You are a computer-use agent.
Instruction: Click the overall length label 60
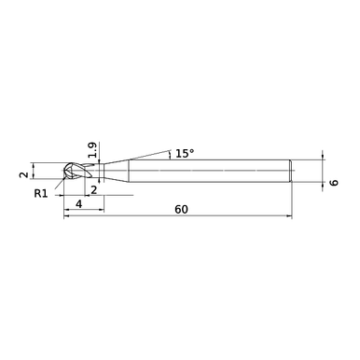click(181, 210)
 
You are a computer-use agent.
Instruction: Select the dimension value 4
click(79, 204)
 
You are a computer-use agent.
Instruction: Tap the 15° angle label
click(185, 153)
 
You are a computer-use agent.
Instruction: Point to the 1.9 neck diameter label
click(92, 150)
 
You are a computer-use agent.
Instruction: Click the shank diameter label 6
click(334, 182)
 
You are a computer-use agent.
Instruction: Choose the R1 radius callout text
click(41, 194)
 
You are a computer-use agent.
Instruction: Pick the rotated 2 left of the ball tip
click(23, 174)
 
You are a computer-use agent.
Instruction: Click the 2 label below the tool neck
click(93, 189)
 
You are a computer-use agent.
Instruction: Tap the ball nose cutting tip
click(69, 171)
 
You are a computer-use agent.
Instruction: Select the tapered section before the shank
click(117, 171)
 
